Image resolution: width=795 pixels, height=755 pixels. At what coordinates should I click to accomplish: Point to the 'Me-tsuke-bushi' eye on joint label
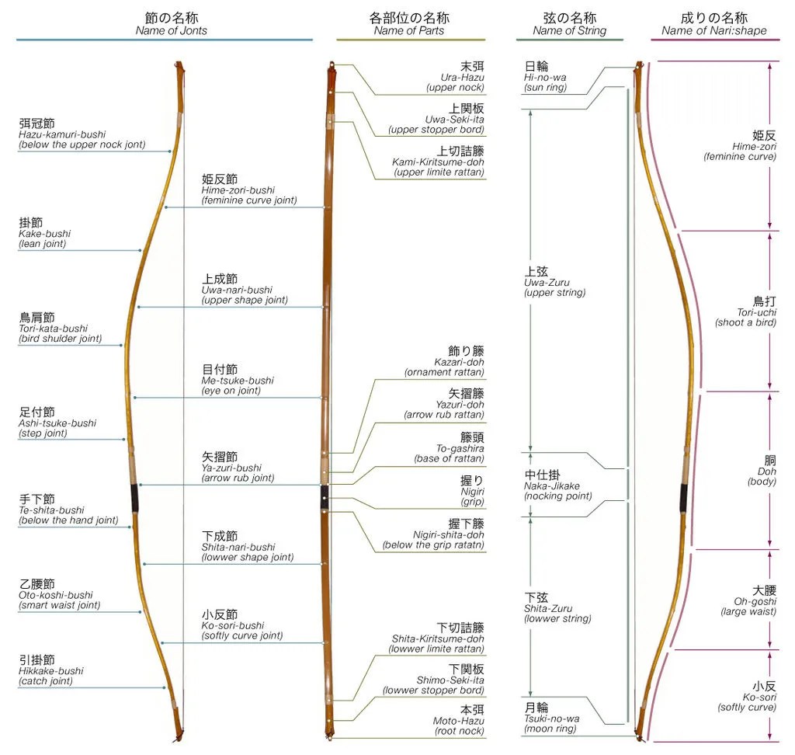(x=238, y=380)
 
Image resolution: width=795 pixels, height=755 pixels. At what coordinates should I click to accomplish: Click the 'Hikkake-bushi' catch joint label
(x=50, y=670)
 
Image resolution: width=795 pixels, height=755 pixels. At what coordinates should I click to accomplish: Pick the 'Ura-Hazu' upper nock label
(x=462, y=77)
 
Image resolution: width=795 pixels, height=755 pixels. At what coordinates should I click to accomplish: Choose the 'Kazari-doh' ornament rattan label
(x=444, y=361)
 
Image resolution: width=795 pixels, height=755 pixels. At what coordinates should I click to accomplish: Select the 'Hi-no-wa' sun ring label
(x=545, y=77)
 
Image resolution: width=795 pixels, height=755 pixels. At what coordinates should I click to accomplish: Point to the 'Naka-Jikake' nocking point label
(x=551, y=485)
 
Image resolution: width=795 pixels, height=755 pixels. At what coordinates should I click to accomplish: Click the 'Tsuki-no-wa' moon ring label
(x=551, y=718)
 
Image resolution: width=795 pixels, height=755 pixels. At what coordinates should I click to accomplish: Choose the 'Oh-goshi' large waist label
(x=753, y=600)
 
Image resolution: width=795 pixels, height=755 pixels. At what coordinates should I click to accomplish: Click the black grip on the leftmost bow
(x=135, y=497)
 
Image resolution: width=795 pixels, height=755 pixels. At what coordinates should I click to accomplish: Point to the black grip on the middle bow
(x=325, y=498)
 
